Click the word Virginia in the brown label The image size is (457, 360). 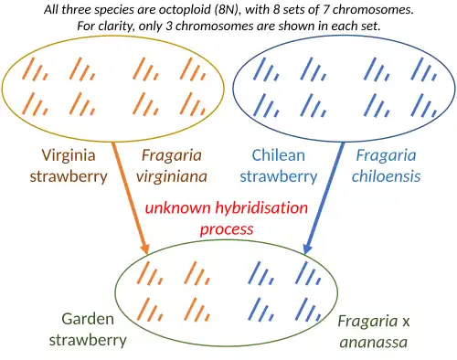pos(69,155)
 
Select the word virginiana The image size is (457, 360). pos(172,176)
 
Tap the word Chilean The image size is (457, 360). pos(278,155)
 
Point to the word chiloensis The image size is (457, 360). pos(386,176)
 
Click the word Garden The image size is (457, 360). pos(88,319)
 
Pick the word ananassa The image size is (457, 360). pos(374,342)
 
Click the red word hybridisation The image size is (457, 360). pos(261,208)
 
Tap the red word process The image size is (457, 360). pos(227,229)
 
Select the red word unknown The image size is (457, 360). pos(177,207)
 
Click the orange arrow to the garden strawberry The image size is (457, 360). pos(131,198)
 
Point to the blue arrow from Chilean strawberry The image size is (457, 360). pos(324,198)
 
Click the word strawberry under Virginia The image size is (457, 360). pos(69,176)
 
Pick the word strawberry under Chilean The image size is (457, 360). pos(279,176)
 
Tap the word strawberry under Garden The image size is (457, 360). pos(88,340)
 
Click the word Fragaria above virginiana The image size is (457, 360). pos(172,155)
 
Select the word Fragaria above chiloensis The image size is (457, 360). pos(386,155)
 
